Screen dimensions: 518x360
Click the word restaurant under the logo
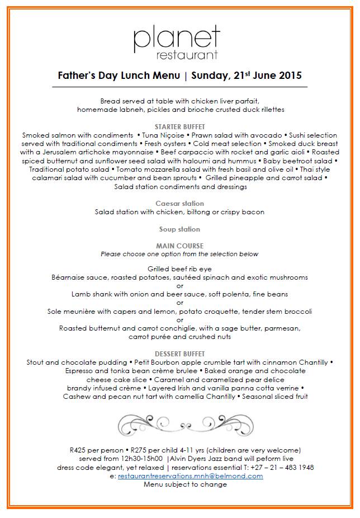187,55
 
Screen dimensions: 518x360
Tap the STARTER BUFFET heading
179,127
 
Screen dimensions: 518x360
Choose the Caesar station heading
179,204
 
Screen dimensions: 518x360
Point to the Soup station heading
179,229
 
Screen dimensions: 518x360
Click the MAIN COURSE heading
179,246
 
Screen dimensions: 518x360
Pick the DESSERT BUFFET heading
179,354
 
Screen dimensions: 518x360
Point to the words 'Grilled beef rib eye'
179,269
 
